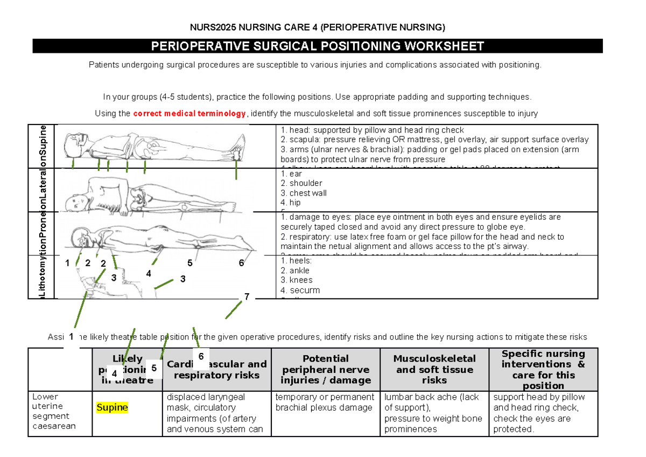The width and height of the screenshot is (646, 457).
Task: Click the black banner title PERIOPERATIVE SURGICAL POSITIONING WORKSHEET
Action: tap(318, 46)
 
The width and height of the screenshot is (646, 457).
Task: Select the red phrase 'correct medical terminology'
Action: tap(189, 113)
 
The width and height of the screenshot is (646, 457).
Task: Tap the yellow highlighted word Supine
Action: tap(112, 407)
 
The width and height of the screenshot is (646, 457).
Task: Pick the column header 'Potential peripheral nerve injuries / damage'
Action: tap(325, 369)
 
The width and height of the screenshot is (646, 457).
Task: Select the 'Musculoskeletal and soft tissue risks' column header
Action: tap(434, 369)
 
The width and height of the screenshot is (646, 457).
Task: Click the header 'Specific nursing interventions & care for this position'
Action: tap(543, 369)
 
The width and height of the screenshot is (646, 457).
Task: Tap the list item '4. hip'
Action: tap(291, 203)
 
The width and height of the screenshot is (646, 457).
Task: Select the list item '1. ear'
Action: tap(291, 174)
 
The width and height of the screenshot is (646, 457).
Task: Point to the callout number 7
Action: tap(247, 297)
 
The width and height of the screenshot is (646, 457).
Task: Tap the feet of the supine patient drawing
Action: tap(237, 151)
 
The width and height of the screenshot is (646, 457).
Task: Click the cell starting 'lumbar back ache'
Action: tap(434, 413)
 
